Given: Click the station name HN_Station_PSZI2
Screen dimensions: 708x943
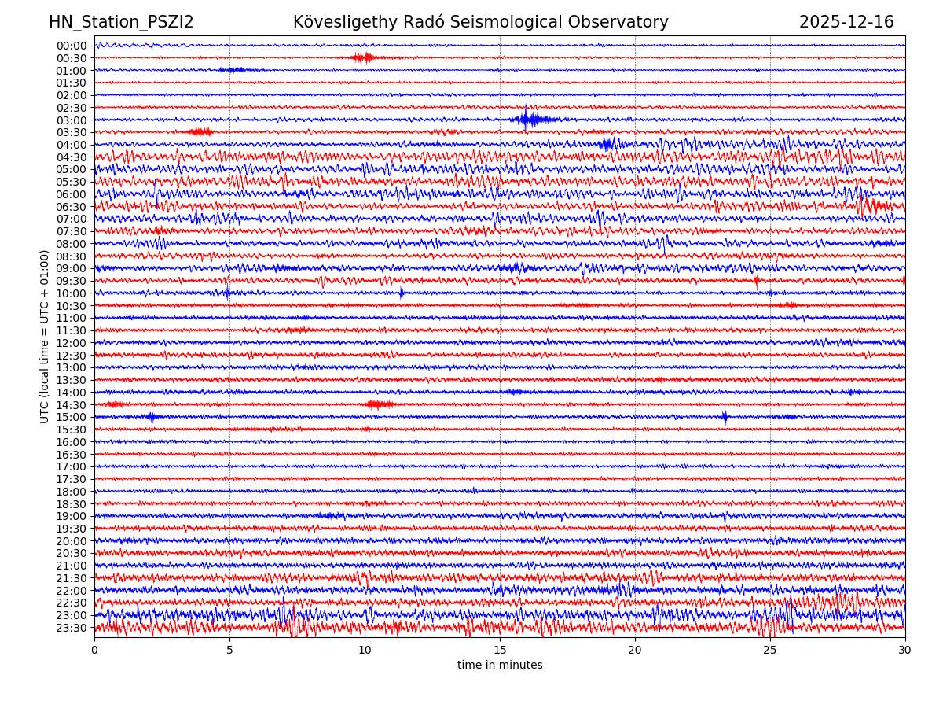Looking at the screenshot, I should (x=121, y=22).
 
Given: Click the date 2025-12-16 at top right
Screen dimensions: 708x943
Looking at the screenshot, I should (x=846, y=22).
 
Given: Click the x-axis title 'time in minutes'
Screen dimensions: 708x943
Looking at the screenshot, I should (x=500, y=665).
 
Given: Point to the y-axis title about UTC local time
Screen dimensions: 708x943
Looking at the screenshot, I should (x=45, y=336).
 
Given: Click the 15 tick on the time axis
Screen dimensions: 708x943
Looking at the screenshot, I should (x=500, y=651).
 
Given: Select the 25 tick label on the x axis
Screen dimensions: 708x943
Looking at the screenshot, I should (x=770, y=651).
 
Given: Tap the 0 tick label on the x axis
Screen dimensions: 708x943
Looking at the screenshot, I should (x=94, y=651).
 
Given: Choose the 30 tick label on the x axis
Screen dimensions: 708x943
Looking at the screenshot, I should (x=905, y=651).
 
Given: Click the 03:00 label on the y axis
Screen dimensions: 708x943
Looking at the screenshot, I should (x=72, y=120).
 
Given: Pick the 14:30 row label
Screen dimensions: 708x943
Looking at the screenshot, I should (x=72, y=404).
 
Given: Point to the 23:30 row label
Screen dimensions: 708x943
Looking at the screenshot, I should (x=72, y=628).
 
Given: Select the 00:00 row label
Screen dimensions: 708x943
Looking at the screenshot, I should (x=72, y=46).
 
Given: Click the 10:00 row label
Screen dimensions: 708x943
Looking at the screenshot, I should (x=72, y=293).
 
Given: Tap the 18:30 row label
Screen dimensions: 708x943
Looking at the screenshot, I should (x=72, y=503).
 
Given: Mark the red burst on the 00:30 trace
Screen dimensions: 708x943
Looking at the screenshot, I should (x=362, y=57).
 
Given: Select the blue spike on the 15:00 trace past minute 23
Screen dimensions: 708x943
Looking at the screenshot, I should (x=725, y=417).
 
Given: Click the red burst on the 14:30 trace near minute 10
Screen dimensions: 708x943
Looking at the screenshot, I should (x=379, y=404).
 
